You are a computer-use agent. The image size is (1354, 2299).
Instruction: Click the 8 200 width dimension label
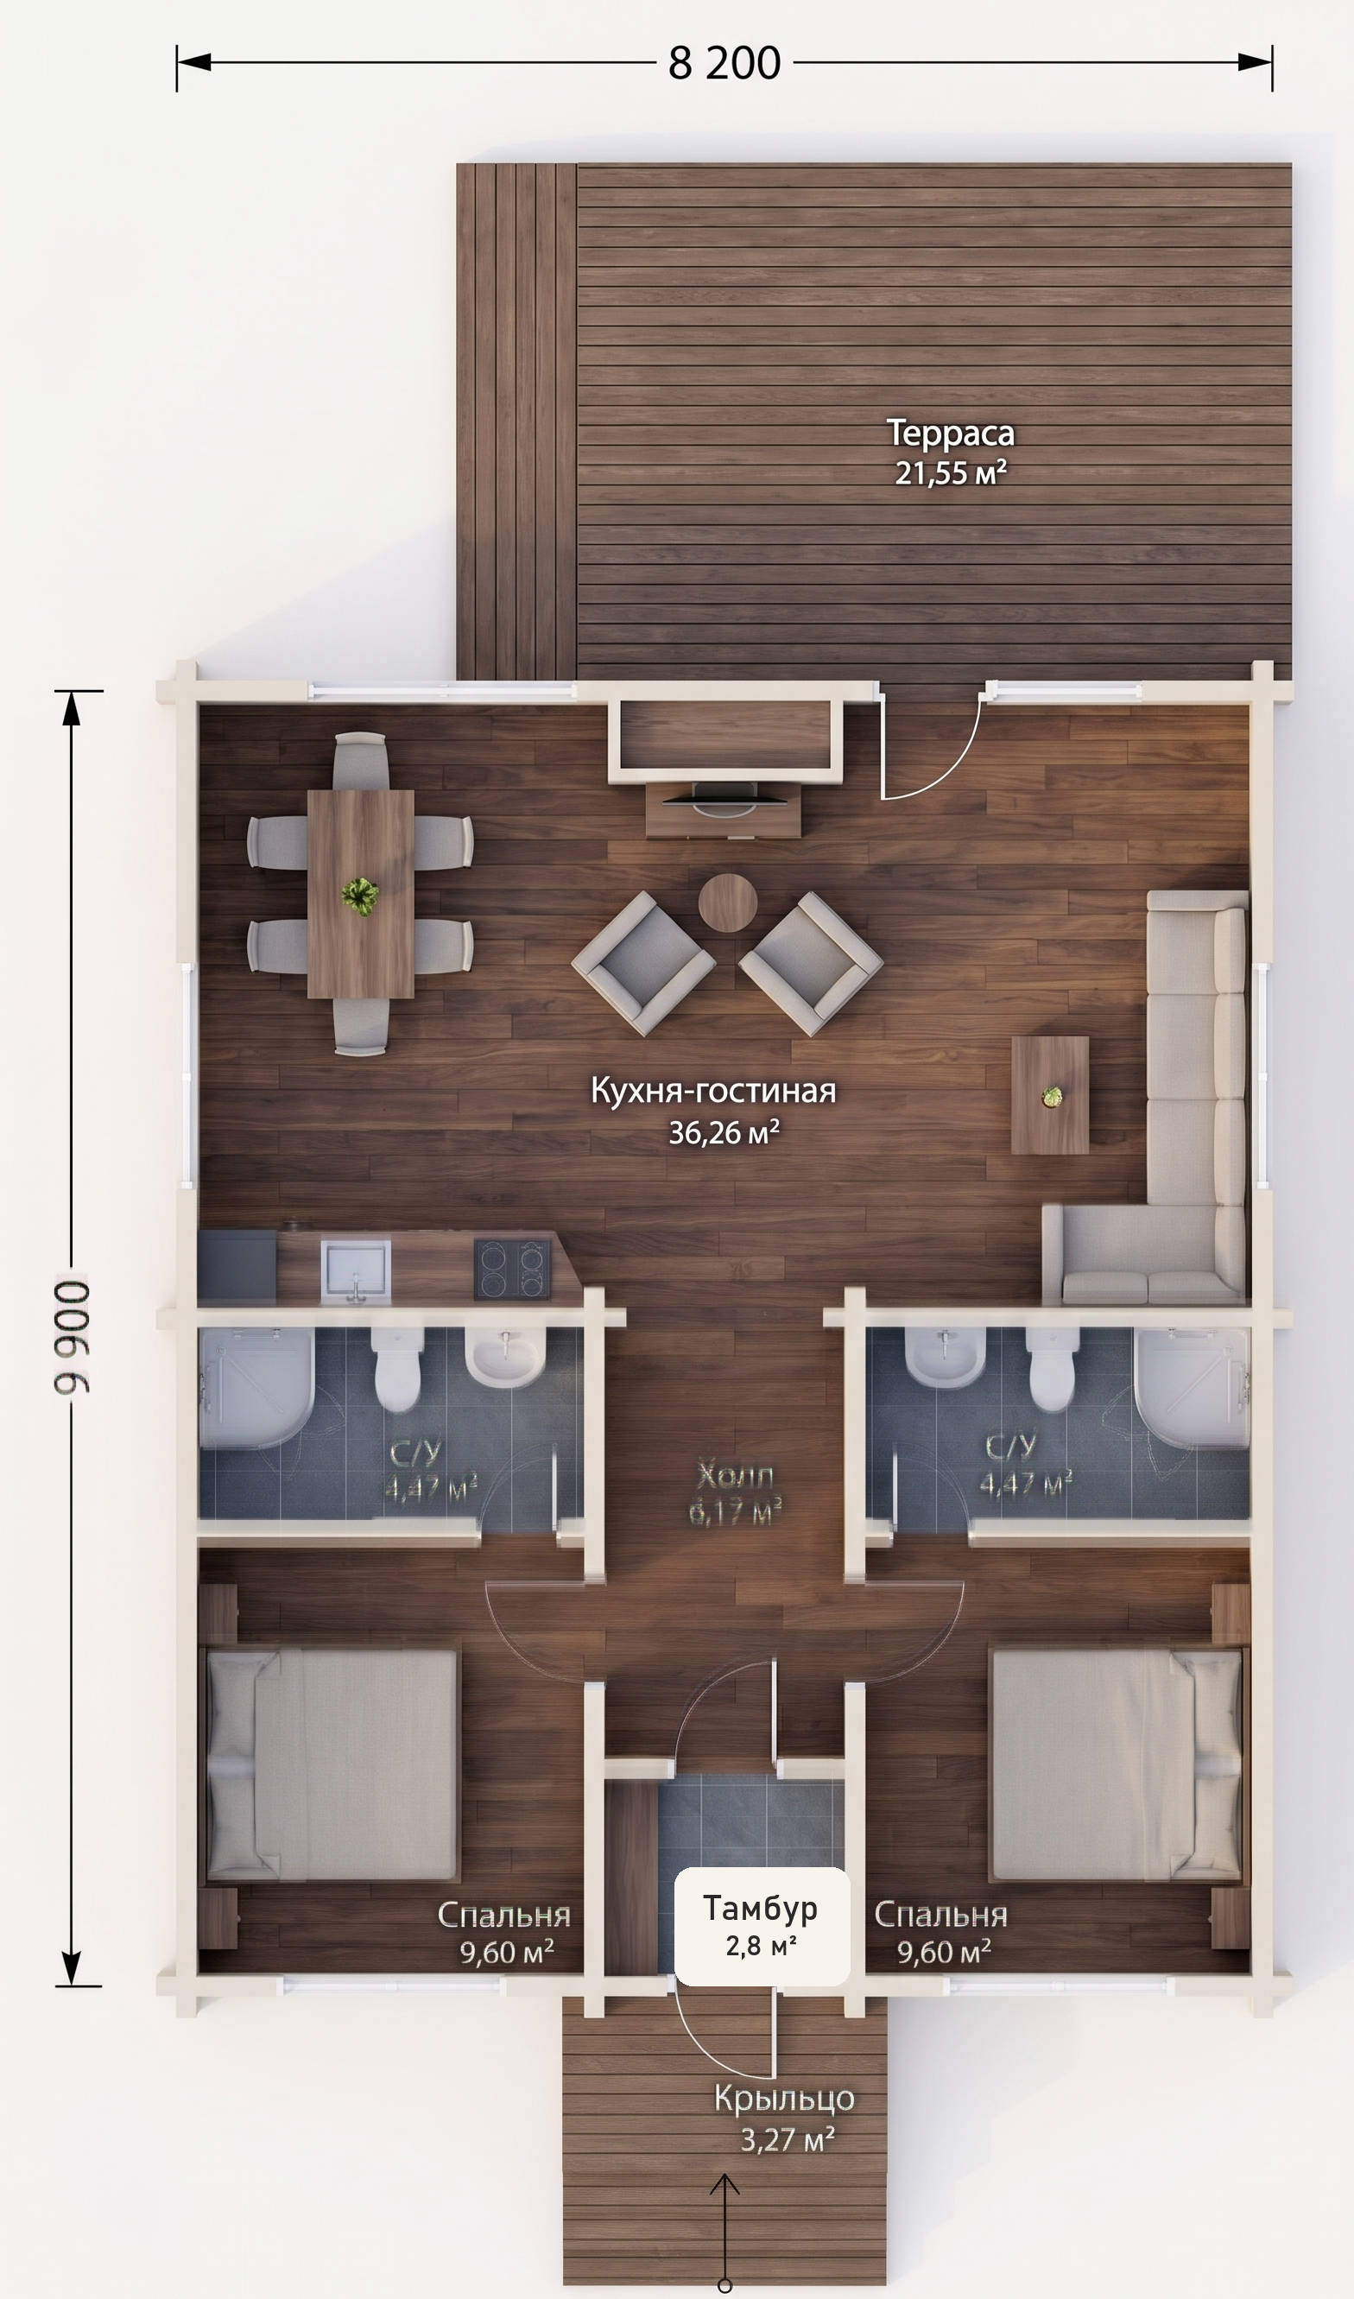click(724, 63)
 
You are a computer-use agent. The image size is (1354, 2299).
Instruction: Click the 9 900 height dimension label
click(72, 1337)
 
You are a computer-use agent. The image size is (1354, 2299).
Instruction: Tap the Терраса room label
click(951, 434)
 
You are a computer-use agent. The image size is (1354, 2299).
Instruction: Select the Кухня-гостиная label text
click(713, 1091)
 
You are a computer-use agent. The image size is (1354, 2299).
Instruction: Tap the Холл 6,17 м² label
click(735, 1492)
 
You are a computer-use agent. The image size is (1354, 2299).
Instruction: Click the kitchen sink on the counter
click(355, 1268)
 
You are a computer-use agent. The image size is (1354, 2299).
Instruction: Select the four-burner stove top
click(513, 1269)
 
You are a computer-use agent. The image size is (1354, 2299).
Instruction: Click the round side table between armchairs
click(727, 902)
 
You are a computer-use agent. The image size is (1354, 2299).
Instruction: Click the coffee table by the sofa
click(1050, 1095)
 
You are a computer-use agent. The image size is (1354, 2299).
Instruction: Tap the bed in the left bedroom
click(332, 1766)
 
